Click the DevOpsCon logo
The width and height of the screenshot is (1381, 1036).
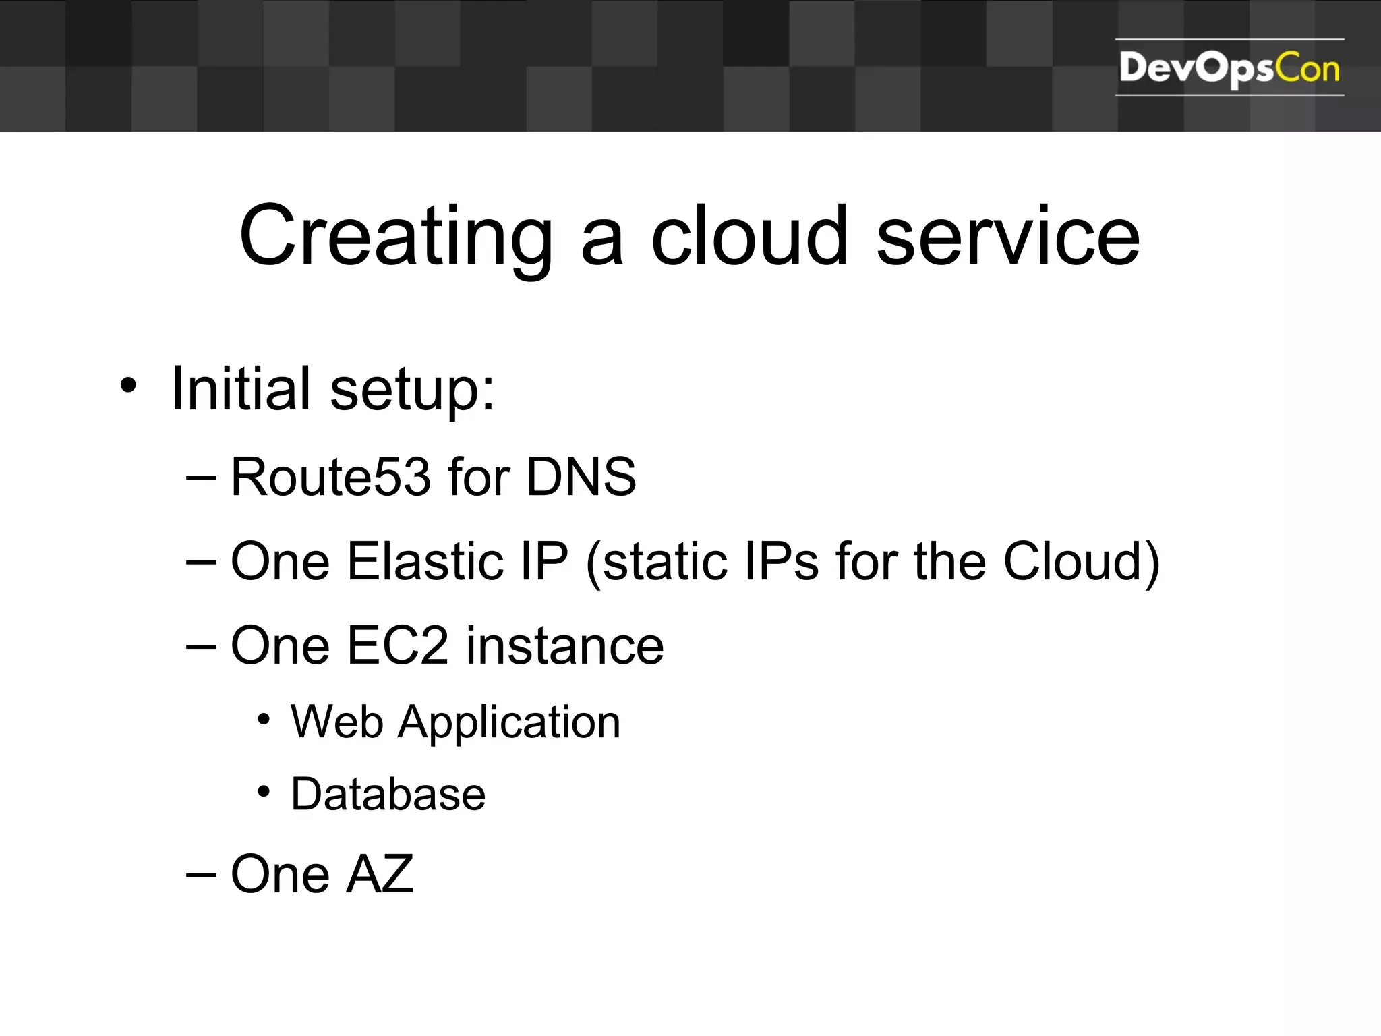[x=1229, y=68]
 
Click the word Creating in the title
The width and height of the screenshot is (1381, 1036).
[x=396, y=237]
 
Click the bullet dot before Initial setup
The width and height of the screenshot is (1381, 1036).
[x=128, y=386]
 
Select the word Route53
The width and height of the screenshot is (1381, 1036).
[x=330, y=477]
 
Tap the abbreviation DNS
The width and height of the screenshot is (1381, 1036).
[x=581, y=477]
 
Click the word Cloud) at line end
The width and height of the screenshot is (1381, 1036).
[x=1082, y=561]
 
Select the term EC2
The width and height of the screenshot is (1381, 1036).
[x=397, y=645]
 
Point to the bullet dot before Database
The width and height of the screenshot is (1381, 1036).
[x=264, y=791]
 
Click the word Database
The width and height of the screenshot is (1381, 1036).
[x=388, y=794]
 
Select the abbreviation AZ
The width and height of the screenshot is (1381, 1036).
[x=379, y=874]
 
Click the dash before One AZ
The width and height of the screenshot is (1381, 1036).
[x=201, y=875]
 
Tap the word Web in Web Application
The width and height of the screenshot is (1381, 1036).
[x=336, y=722]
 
